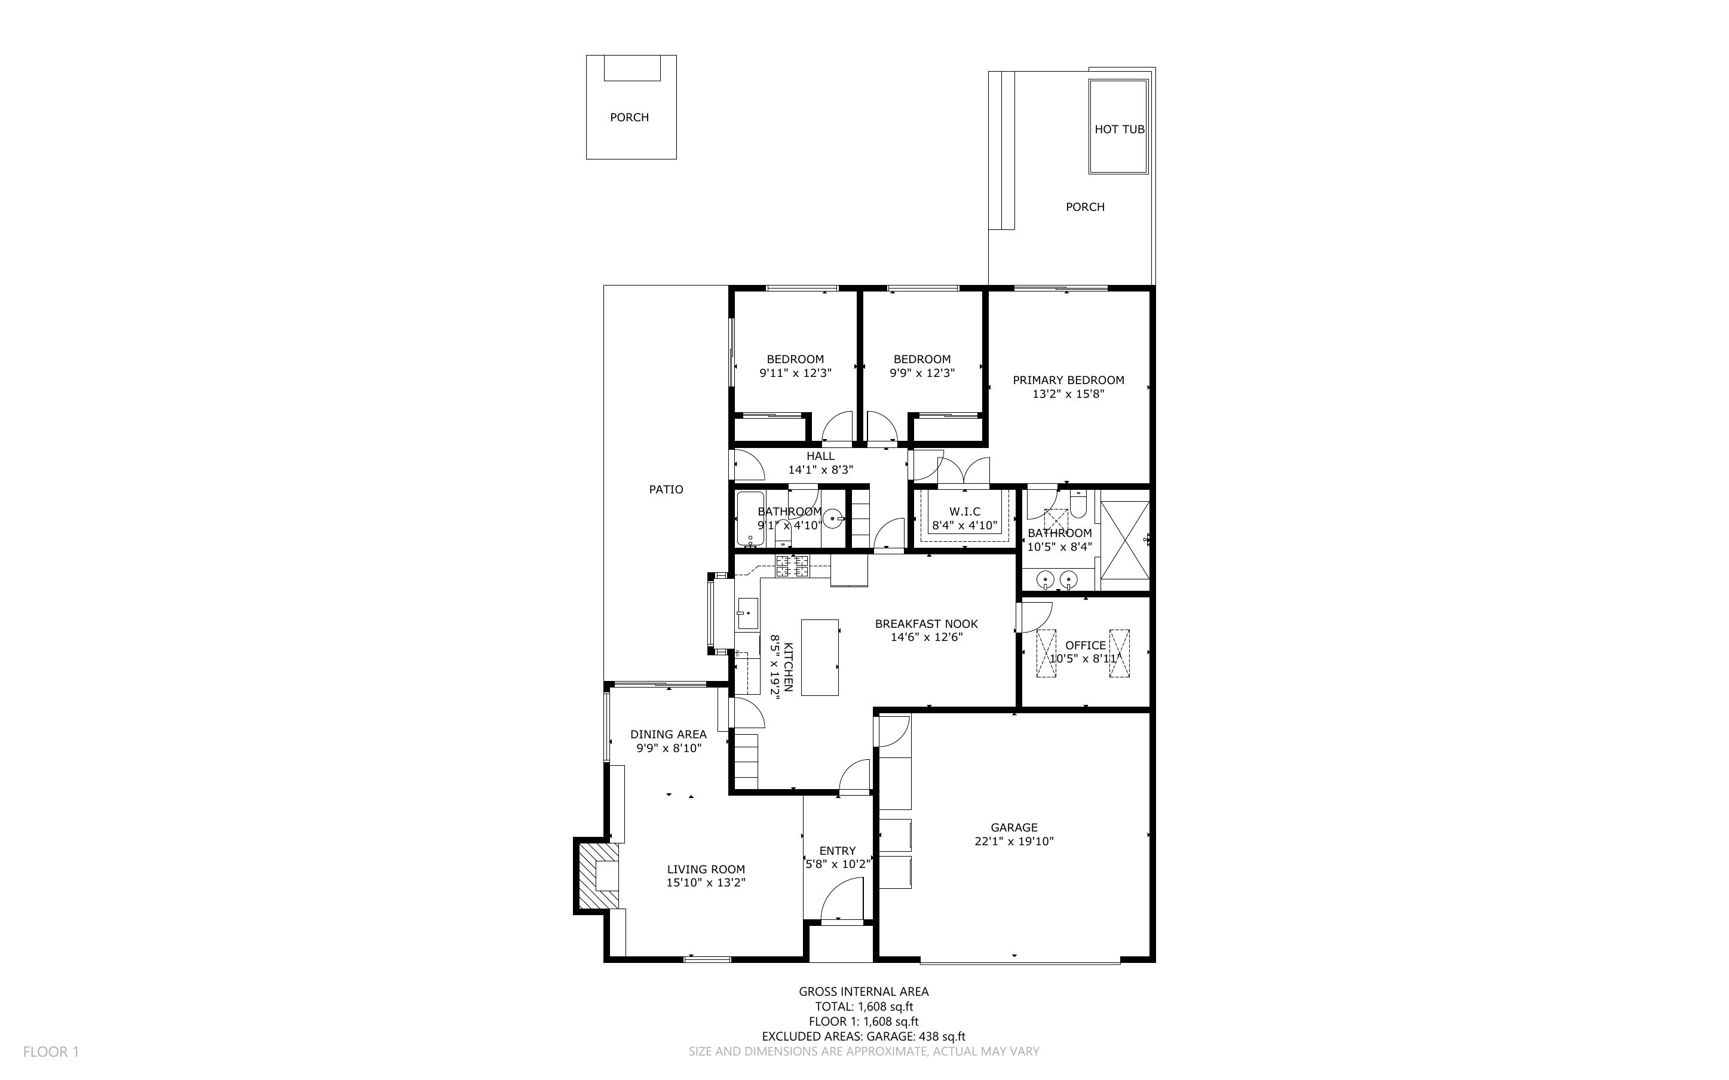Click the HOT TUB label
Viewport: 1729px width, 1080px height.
coord(1119,129)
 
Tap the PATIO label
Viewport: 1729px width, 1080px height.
coord(666,489)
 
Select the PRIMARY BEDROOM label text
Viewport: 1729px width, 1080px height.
coord(1068,380)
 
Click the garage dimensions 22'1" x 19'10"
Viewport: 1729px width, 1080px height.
coord(1014,842)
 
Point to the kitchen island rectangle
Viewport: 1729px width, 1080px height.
coord(820,657)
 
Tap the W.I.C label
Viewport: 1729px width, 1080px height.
coord(965,511)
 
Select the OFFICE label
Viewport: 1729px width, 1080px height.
coord(1086,645)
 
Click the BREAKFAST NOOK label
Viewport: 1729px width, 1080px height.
coord(926,624)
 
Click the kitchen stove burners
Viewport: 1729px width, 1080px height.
coord(793,566)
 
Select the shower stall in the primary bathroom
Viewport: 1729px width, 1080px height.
coord(1125,540)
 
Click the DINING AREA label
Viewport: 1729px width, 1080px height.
coord(669,734)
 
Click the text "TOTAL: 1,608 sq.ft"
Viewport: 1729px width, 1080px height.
coord(864,1007)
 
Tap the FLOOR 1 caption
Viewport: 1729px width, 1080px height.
coord(51,1051)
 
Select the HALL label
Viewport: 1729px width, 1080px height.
coord(820,456)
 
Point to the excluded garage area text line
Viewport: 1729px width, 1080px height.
coord(863,1036)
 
